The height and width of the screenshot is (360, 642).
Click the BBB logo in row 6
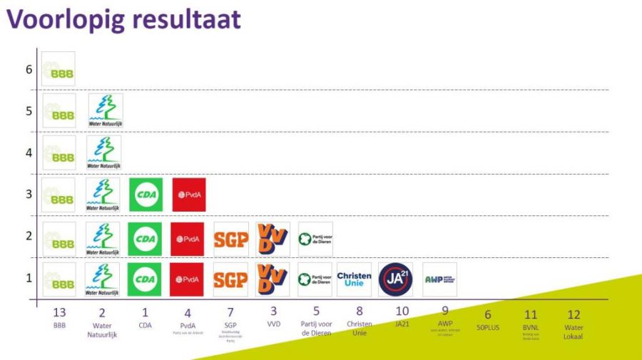click(58, 69)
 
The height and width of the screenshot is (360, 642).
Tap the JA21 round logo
click(395, 279)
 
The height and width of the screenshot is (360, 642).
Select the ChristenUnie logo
click(355, 279)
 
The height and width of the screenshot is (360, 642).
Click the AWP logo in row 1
click(439, 279)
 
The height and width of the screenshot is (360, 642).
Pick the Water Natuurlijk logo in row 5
click(105, 111)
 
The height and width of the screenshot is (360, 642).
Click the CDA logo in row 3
click(146, 195)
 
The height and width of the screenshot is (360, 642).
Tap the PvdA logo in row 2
click(188, 239)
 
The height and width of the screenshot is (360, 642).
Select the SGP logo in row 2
click(230, 239)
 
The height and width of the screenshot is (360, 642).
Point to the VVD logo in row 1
click(272, 279)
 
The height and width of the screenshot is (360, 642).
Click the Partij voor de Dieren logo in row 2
click(315, 239)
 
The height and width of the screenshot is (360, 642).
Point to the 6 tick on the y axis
click(29, 69)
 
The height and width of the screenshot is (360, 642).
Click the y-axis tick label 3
click(29, 195)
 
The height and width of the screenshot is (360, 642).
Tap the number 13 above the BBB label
click(60, 312)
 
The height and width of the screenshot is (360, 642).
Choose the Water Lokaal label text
click(573, 331)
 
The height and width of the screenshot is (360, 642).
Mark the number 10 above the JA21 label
click(402, 312)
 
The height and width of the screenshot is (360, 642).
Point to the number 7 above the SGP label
click(230, 312)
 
